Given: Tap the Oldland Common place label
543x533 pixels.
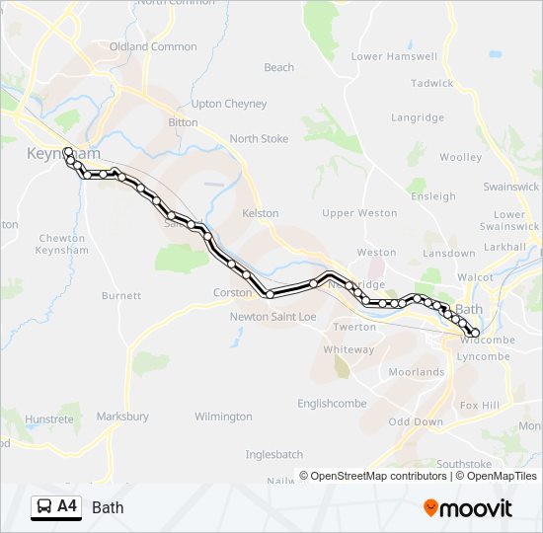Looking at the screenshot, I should pos(153,46).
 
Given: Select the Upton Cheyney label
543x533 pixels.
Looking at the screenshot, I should pos(228,104).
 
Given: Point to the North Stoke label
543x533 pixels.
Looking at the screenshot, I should pos(259,139).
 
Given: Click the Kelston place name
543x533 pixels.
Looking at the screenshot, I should pos(261,213).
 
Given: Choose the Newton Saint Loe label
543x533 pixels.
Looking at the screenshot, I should pos(272,317).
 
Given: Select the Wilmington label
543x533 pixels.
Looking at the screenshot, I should pos(223,418).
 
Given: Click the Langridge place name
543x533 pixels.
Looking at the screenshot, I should pos(418,118).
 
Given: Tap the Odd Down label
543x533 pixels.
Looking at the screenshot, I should pos(416,422).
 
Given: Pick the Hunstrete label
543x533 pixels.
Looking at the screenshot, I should pos(49,419).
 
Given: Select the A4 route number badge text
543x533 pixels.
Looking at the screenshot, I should pos(67,507).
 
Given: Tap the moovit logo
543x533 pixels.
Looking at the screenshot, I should pos(468,508).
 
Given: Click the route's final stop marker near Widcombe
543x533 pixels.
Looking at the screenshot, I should pos(475,333).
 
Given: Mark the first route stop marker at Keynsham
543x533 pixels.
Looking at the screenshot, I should pos(67,152).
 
